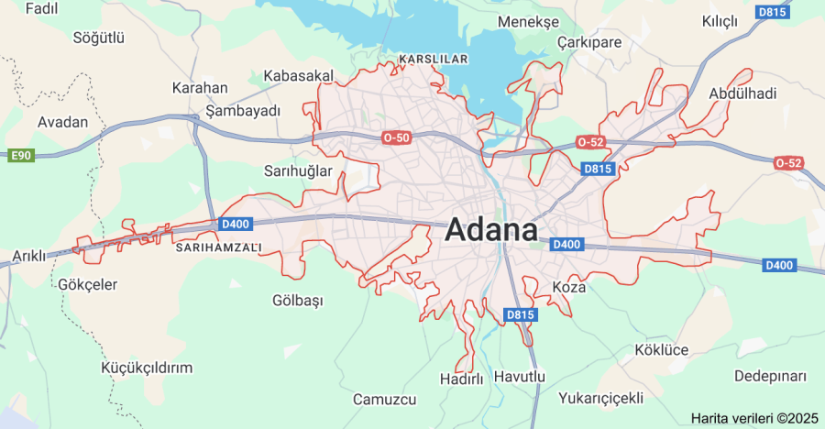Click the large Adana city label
(491, 230)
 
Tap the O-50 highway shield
(396, 137)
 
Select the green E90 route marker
(21, 156)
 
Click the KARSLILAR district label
(434, 59)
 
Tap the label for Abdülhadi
(742, 93)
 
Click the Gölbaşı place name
(298, 301)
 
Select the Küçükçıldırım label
(147, 368)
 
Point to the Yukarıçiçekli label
(601, 398)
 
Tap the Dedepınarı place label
(770, 377)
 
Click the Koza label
(568, 287)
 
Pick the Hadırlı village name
(461, 378)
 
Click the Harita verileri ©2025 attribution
(754, 418)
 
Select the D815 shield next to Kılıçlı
(772, 12)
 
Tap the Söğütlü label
(99, 38)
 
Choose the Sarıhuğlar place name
(298, 171)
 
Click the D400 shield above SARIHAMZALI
(235, 224)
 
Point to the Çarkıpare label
(589, 42)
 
